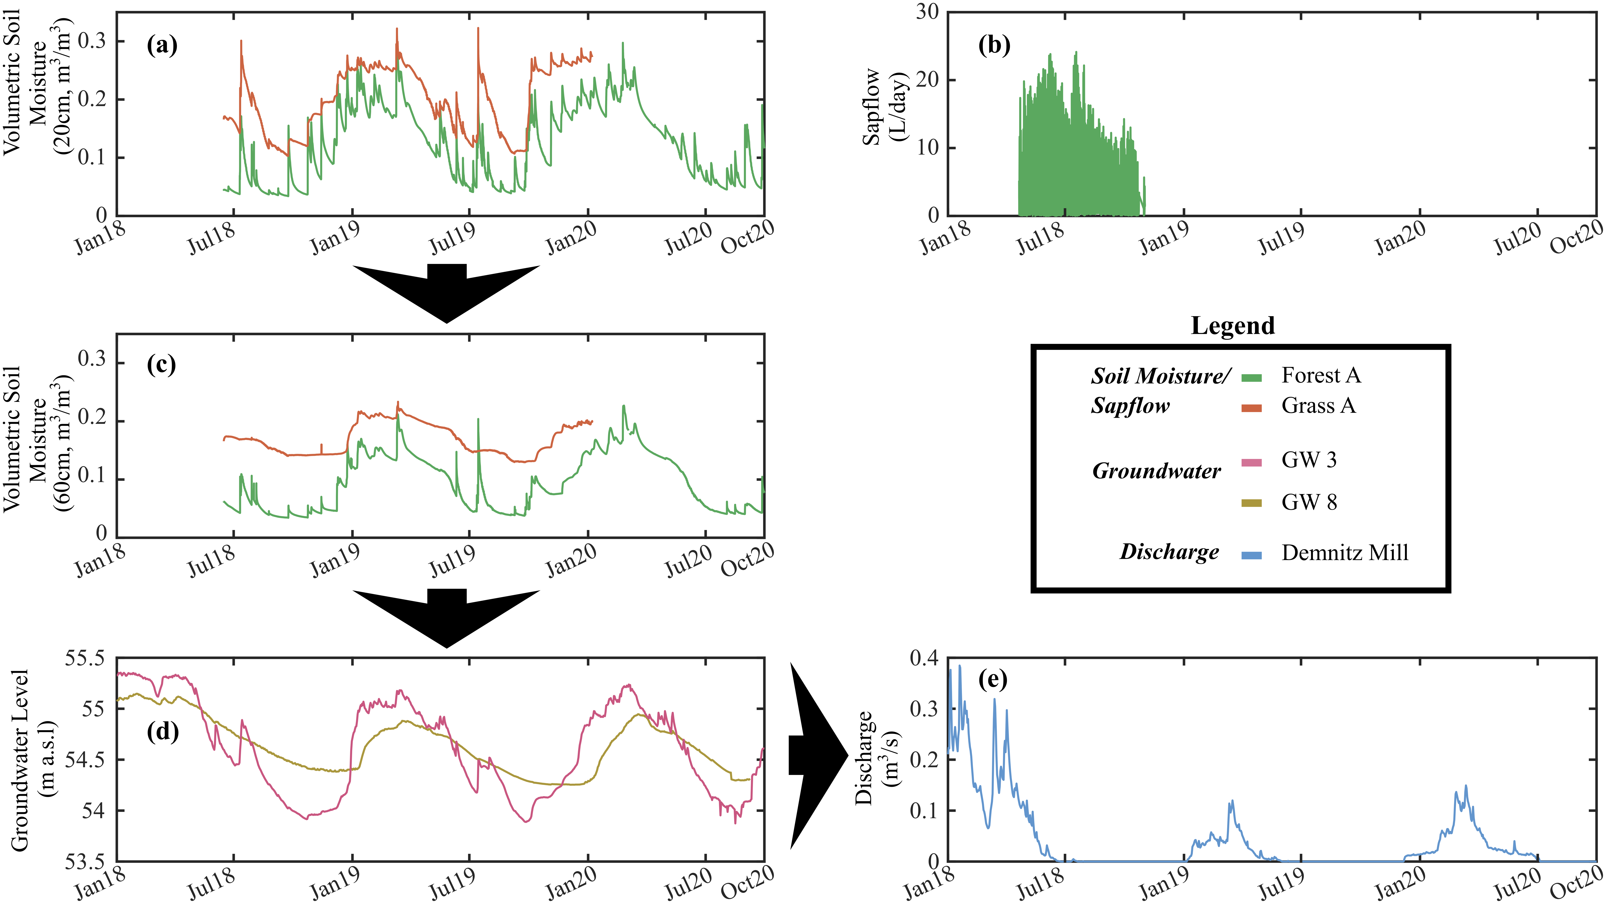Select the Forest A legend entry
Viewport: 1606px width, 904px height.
click(1321, 375)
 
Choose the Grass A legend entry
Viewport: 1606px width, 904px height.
click(1318, 406)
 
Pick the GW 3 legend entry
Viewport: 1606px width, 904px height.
click(1309, 460)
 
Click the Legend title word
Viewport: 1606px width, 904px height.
click(1233, 325)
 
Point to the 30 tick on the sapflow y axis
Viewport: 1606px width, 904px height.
click(927, 12)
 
